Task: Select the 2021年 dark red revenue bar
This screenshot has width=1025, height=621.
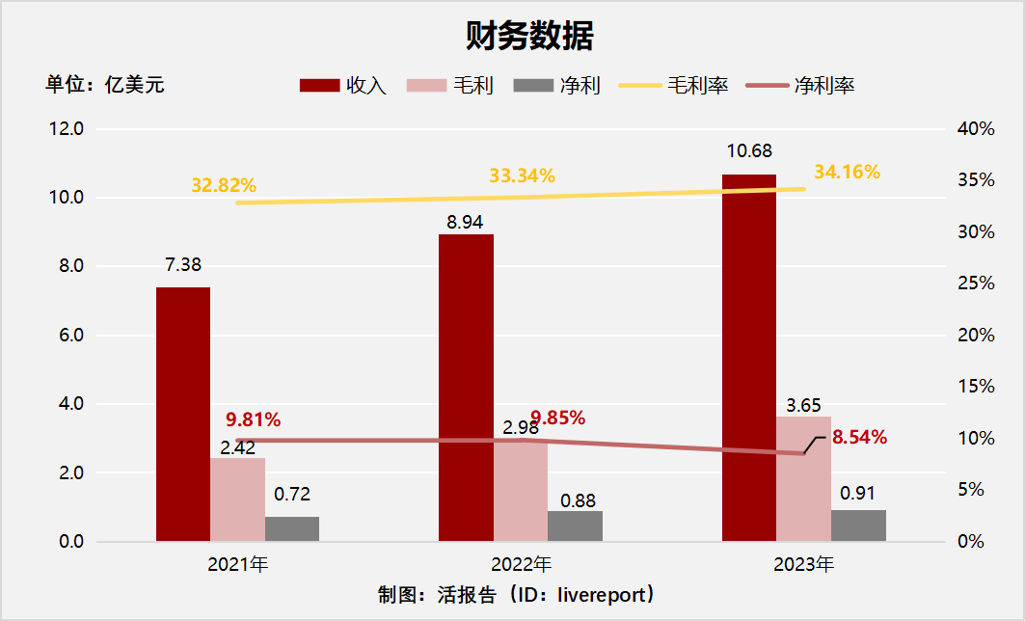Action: tap(183, 415)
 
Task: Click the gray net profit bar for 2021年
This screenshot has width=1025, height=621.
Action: tap(292, 529)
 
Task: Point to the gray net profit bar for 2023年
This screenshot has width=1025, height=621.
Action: tap(858, 526)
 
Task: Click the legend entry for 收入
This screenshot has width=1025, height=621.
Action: tap(343, 86)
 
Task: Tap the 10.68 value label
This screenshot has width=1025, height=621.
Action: tap(749, 151)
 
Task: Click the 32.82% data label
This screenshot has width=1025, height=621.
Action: tap(224, 185)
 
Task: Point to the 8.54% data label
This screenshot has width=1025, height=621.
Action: tap(859, 437)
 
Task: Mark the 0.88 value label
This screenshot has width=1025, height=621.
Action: tap(578, 500)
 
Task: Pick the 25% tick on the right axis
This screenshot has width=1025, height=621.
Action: tap(975, 283)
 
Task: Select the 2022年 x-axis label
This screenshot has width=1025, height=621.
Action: tap(521, 565)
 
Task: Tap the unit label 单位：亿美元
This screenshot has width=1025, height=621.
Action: tap(105, 85)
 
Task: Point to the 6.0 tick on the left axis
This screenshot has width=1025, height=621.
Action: tap(70, 336)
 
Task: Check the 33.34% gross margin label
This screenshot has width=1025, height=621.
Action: tap(522, 175)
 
